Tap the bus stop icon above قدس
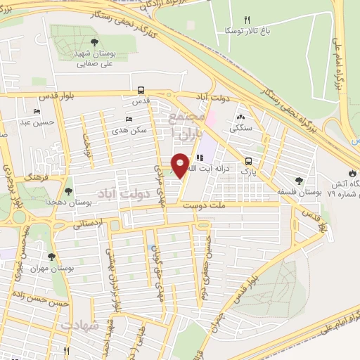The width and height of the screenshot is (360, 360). click(141, 90)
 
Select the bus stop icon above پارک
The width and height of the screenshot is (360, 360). click(247, 160)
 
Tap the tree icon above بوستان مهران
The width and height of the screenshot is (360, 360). click(51, 257)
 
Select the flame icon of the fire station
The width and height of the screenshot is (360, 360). click(352, 173)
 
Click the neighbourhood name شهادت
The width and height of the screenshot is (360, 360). click(76, 326)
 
